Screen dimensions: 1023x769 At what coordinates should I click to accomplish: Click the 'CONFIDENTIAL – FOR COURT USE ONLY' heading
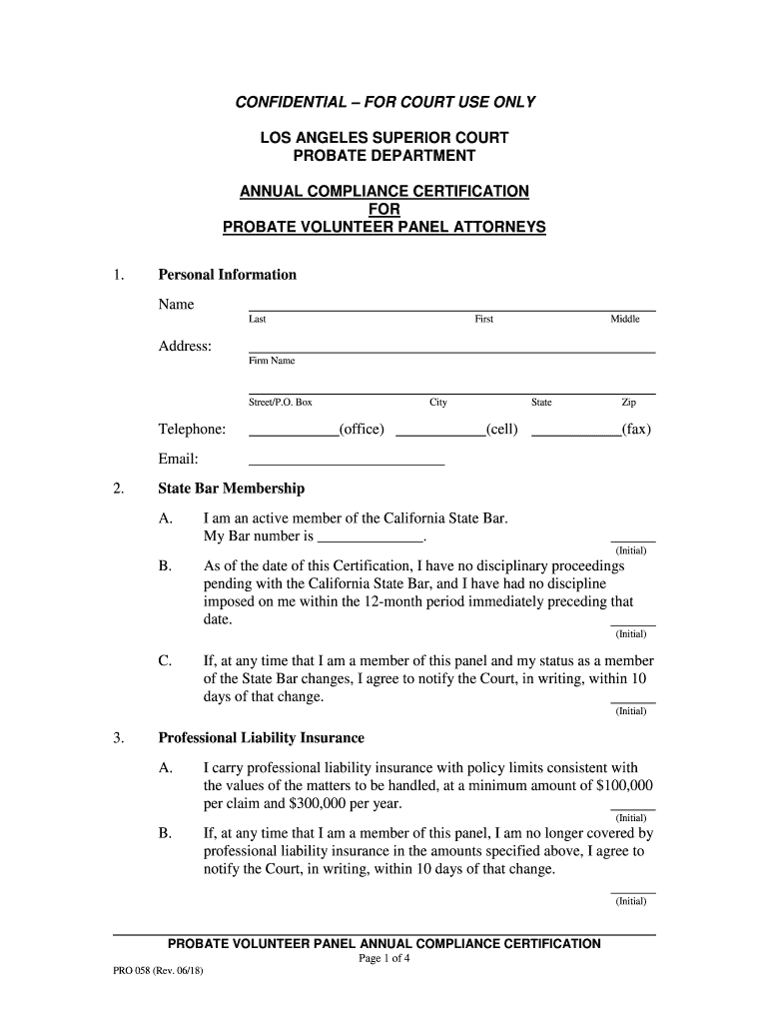(384, 102)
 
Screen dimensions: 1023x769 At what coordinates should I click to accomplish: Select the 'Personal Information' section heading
(227, 275)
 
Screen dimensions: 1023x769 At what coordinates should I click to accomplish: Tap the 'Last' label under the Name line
(258, 320)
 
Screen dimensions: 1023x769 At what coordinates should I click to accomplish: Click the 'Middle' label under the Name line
(625, 320)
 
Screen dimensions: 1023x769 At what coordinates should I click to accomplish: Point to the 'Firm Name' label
(272, 361)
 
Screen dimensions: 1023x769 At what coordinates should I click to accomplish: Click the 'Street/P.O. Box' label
(281, 403)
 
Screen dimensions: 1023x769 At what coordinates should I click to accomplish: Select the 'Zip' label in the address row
(628, 403)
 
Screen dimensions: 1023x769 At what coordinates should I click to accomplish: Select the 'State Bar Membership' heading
(231, 490)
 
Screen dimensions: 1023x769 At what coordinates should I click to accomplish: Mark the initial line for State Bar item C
(632, 702)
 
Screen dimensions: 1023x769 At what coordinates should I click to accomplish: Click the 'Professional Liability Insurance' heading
(261, 738)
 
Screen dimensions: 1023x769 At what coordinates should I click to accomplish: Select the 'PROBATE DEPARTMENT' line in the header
(384, 156)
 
